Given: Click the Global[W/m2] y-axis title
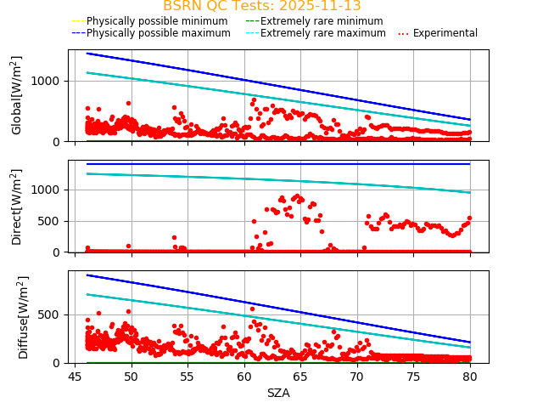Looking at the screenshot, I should [17, 95].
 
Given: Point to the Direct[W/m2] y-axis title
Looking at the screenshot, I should [17, 207].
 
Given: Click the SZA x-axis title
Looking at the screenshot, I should [278, 393].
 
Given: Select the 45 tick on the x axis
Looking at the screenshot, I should [76, 377].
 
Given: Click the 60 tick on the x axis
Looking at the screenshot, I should [244, 377].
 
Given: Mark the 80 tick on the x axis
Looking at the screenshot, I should [470, 377].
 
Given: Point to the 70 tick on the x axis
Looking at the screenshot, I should [357, 377].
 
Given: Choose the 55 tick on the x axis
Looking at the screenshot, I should [188, 377].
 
